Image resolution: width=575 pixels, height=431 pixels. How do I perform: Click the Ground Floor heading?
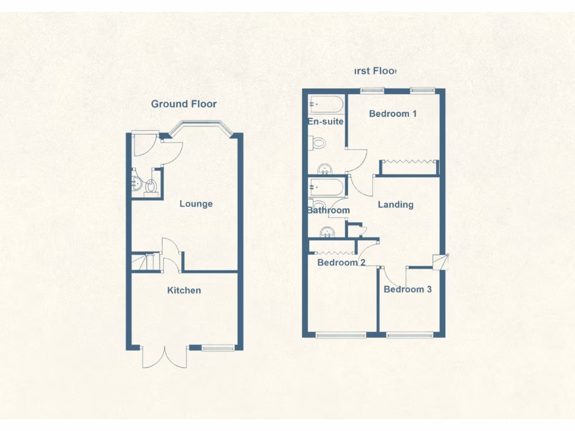click(x=184, y=104)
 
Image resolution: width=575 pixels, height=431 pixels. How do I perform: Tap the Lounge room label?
click(x=196, y=204)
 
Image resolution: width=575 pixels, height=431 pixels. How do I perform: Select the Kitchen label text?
click(x=184, y=290)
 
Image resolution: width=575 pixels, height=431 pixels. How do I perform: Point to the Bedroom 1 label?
click(x=393, y=114)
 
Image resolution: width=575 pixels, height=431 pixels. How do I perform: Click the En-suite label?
click(x=325, y=121)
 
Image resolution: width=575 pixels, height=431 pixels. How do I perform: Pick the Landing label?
click(x=395, y=205)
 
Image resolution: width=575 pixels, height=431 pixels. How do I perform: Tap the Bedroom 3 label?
click(x=408, y=290)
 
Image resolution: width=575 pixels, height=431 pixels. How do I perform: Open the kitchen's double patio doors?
click(x=165, y=357)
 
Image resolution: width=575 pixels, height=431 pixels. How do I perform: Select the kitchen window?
click(x=218, y=348)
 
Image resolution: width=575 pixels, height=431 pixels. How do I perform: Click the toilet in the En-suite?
click(x=317, y=143)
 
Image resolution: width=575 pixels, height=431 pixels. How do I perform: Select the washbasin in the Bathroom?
click(x=326, y=231)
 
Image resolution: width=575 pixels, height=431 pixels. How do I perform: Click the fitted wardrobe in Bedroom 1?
click(x=409, y=166)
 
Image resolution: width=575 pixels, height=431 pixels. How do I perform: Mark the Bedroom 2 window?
click(x=341, y=336)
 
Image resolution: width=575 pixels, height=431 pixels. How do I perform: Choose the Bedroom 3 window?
click(x=409, y=336)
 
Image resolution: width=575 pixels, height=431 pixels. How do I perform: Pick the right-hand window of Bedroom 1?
click(x=422, y=90)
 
